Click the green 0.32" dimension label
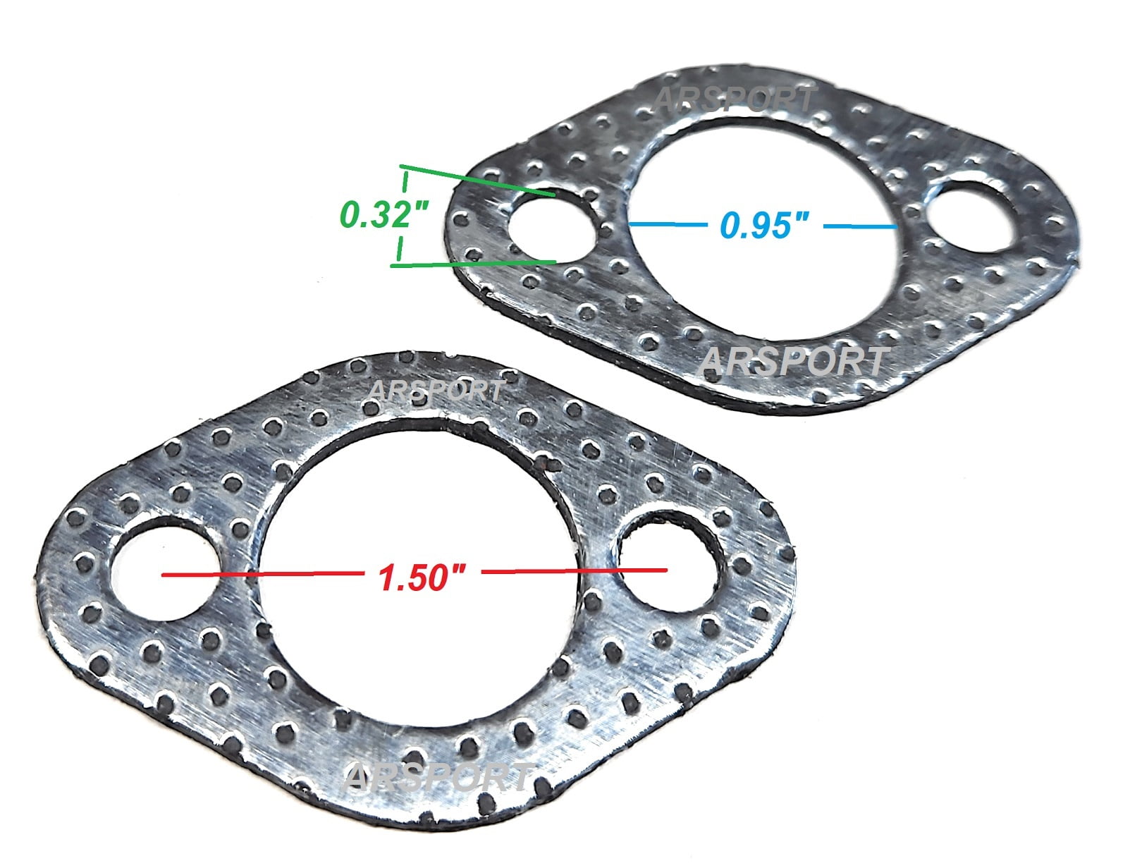[x=384, y=214]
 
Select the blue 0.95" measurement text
[x=764, y=226]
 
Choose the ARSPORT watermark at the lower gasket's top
[x=436, y=390]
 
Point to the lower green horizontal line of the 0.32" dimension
[x=472, y=264]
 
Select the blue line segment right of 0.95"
[x=860, y=226]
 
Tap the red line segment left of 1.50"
[x=261, y=575]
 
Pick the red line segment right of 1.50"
[x=575, y=570]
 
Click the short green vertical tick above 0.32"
[x=405, y=181]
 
